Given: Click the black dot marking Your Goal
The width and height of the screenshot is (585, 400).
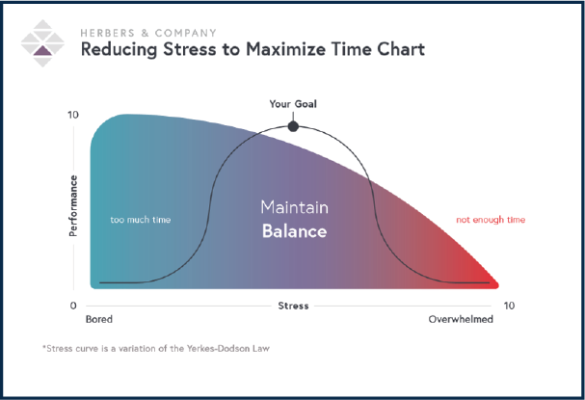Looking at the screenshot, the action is [293, 126].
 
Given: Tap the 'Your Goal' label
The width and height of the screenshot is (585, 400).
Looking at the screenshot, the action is [293, 104].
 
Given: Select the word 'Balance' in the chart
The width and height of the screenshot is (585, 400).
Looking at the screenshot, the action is [294, 231].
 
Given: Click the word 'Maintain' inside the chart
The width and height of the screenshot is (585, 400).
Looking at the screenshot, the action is [294, 207].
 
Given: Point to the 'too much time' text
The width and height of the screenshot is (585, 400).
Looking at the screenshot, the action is [141, 220].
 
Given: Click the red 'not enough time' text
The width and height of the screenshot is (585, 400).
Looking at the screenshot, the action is [491, 220].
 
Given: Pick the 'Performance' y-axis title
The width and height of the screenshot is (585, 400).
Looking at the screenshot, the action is [73, 205].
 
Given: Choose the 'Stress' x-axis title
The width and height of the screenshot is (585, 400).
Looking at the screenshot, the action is [293, 306].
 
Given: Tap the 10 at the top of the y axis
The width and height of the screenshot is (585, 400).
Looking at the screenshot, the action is [73, 115].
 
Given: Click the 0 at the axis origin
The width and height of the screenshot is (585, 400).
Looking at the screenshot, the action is [73, 306].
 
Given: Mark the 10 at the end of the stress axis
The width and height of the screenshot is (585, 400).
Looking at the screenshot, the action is [509, 306].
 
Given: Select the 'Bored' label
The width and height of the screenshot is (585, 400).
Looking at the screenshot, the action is [99, 319].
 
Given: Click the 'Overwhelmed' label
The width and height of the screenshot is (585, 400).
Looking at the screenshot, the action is [461, 319].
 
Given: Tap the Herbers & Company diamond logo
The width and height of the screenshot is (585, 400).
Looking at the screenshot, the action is [42, 43].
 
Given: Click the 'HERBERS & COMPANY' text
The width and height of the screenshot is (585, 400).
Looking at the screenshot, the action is [148, 33].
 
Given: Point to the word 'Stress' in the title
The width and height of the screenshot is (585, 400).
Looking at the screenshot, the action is [190, 49].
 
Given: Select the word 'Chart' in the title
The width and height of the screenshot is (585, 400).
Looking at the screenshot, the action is [401, 49].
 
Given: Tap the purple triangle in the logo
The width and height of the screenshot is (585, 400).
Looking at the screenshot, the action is [42, 51].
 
